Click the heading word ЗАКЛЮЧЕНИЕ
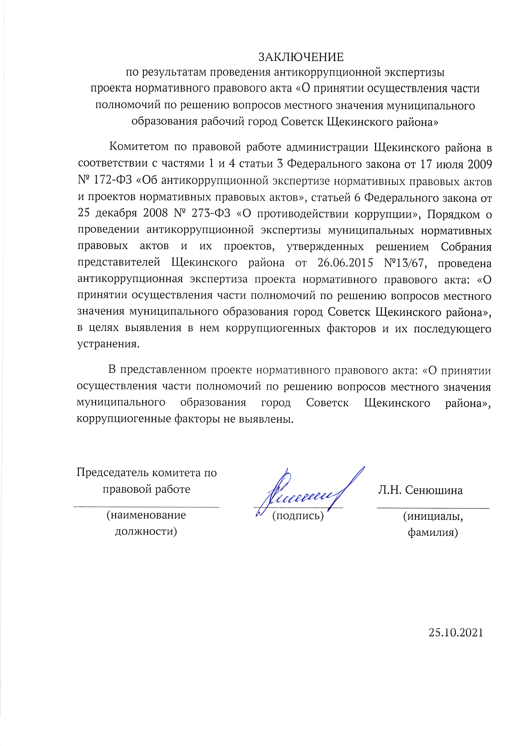(x=301, y=57)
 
